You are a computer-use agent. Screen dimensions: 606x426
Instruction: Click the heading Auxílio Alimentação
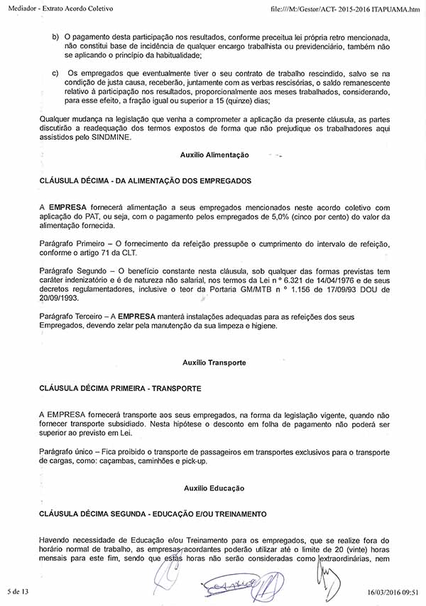pos(214,155)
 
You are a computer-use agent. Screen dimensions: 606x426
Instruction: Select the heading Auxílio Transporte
pos(214,363)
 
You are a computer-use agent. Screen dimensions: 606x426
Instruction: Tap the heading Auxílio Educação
pos(214,488)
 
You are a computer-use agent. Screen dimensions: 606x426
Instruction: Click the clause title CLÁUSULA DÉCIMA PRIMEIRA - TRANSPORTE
pos(120,388)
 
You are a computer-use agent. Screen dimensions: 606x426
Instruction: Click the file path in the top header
pos(346,9)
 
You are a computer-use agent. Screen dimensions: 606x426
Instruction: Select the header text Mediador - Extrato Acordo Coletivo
pos(62,9)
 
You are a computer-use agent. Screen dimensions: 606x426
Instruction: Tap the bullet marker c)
pos(56,73)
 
